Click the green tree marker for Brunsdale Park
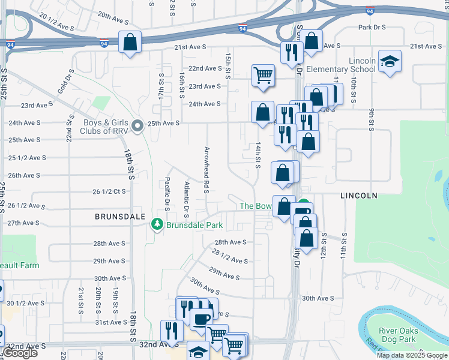157,224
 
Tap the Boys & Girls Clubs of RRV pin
137,126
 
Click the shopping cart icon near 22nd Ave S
263,75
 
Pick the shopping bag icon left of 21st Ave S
130,42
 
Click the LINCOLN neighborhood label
358,196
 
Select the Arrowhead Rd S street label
206,170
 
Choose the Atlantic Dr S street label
187,200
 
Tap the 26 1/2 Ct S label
109,192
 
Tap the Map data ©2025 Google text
412,355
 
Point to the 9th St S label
372,119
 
